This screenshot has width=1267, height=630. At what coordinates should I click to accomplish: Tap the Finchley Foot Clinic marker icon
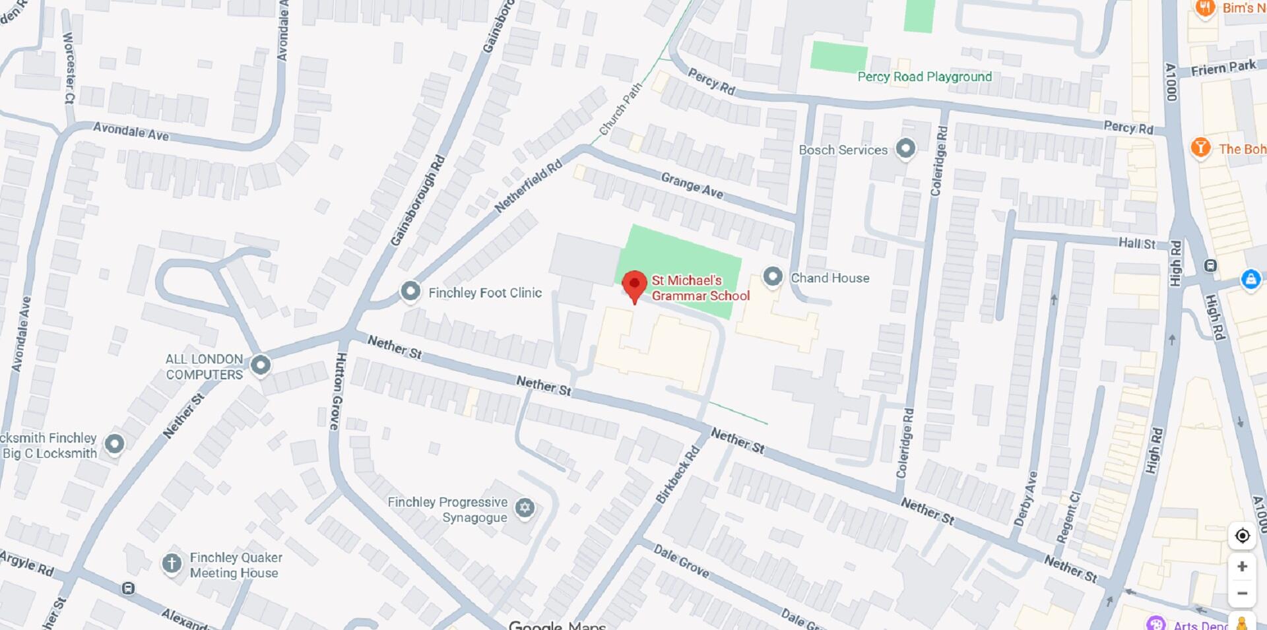click(x=410, y=291)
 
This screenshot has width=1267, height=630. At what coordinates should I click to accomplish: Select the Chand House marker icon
click(x=772, y=276)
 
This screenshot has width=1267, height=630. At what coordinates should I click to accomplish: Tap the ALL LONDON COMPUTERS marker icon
click(x=261, y=365)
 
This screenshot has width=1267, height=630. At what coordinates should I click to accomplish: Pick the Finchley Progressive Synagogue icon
click(x=525, y=508)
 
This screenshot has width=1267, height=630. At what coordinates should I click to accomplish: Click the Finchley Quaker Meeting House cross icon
click(x=172, y=563)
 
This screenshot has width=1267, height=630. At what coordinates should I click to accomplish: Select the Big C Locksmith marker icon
click(x=115, y=444)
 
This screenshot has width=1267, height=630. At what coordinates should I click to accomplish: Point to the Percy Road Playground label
click(x=924, y=77)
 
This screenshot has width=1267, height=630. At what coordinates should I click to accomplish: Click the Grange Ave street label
click(x=692, y=185)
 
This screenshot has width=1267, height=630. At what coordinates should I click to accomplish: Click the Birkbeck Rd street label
click(x=678, y=476)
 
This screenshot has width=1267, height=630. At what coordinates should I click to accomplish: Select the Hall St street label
click(x=1136, y=243)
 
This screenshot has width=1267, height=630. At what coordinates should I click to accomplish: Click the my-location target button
click(x=1242, y=536)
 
